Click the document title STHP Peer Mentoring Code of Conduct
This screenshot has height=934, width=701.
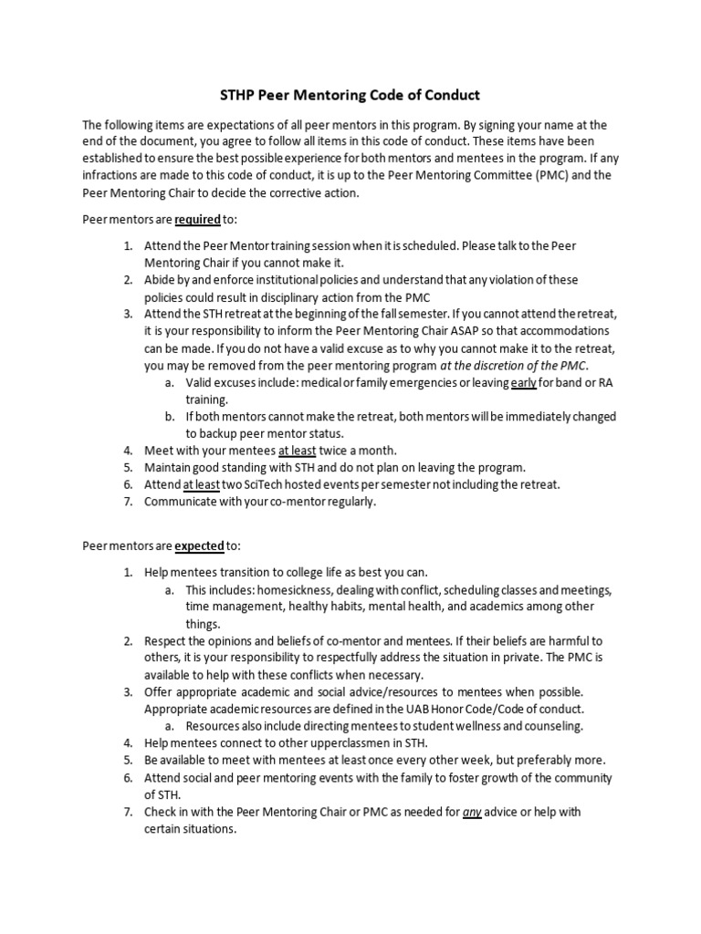pos(350,94)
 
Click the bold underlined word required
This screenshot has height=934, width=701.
pos(211,220)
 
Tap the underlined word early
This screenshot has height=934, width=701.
pos(523,382)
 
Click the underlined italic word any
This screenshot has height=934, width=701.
pos(472,812)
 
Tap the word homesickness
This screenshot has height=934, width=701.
pos(284,589)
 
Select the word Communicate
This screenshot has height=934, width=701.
pos(184,502)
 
